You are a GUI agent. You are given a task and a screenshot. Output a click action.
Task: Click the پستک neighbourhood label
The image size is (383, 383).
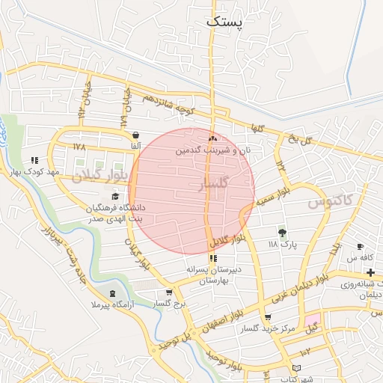pyautogui.click(x=224, y=22)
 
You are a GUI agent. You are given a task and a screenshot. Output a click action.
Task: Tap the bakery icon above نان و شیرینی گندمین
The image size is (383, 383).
pyautogui.click(x=213, y=138)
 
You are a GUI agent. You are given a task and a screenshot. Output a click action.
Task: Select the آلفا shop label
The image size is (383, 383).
pyautogui.click(x=135, y=147)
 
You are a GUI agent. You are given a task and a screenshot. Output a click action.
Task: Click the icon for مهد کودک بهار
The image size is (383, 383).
pyautogui.click(x=34, y=160)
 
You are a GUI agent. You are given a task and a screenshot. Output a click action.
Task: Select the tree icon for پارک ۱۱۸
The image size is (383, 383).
pyautogui.click(x=282, y=233)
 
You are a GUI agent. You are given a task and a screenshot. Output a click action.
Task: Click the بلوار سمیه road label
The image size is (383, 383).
pyautogui.click(x=273, y=195)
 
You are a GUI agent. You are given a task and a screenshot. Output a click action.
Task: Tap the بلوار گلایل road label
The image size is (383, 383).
pyautogui.click(x=227, y=242)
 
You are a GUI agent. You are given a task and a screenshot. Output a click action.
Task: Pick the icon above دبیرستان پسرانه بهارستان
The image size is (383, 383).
pyautogui.click(x=212, y=258)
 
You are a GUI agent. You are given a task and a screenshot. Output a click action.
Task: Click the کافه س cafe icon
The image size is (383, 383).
pyautogui.click(x=361, y=246)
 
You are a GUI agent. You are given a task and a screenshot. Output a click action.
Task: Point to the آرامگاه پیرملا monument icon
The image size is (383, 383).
pyautogui.click(x=113, y=294)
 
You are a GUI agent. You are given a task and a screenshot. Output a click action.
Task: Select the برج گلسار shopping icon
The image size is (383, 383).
pyautogui.click(x=169, y=292)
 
